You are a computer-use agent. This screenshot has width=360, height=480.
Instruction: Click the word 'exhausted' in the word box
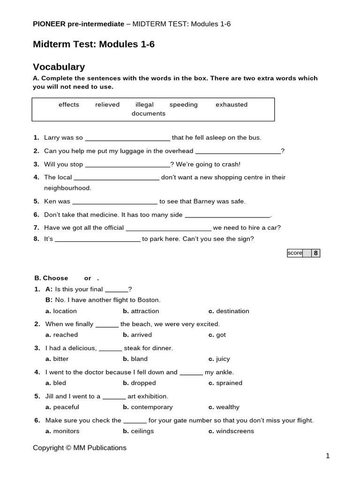[231, 105]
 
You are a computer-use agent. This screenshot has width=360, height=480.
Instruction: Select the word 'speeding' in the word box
[183, 105]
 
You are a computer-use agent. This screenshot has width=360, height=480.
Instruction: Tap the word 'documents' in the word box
[148, 113]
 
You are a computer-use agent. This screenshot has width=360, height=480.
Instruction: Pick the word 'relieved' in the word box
[107, 105]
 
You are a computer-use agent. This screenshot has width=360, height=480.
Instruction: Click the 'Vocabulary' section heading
[59, 67]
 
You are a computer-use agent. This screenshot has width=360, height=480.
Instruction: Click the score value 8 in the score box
[315, 253]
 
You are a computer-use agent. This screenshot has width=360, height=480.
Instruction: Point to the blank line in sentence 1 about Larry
[127, 138]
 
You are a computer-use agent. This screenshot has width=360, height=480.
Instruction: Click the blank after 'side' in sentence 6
[228, 215]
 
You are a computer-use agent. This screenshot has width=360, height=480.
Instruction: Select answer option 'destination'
[232, 311]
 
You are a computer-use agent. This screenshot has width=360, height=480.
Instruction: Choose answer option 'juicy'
[223, 359]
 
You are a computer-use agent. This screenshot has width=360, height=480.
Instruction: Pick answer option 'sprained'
[229, 383]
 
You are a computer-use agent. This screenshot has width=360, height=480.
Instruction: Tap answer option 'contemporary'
[151, 407]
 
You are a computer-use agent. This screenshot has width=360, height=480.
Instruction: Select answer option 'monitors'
[66, 431]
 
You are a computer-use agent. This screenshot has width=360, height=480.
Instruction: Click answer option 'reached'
[65, 335]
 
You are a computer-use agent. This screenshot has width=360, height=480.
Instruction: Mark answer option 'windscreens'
[235, 431]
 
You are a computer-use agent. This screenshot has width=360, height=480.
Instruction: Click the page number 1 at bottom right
[328, 456]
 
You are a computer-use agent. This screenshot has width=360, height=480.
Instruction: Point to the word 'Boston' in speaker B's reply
[149, 300]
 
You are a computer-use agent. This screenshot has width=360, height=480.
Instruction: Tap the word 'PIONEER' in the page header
[49, 24]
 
